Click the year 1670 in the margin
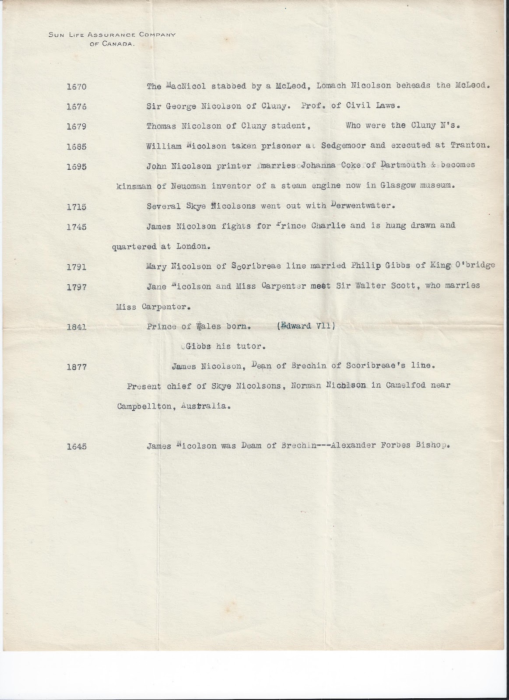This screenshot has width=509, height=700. coord(77,87)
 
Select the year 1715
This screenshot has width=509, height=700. coord(77,207)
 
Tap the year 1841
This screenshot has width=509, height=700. coord(77,327)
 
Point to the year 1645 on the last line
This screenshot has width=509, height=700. coord(77,447)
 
